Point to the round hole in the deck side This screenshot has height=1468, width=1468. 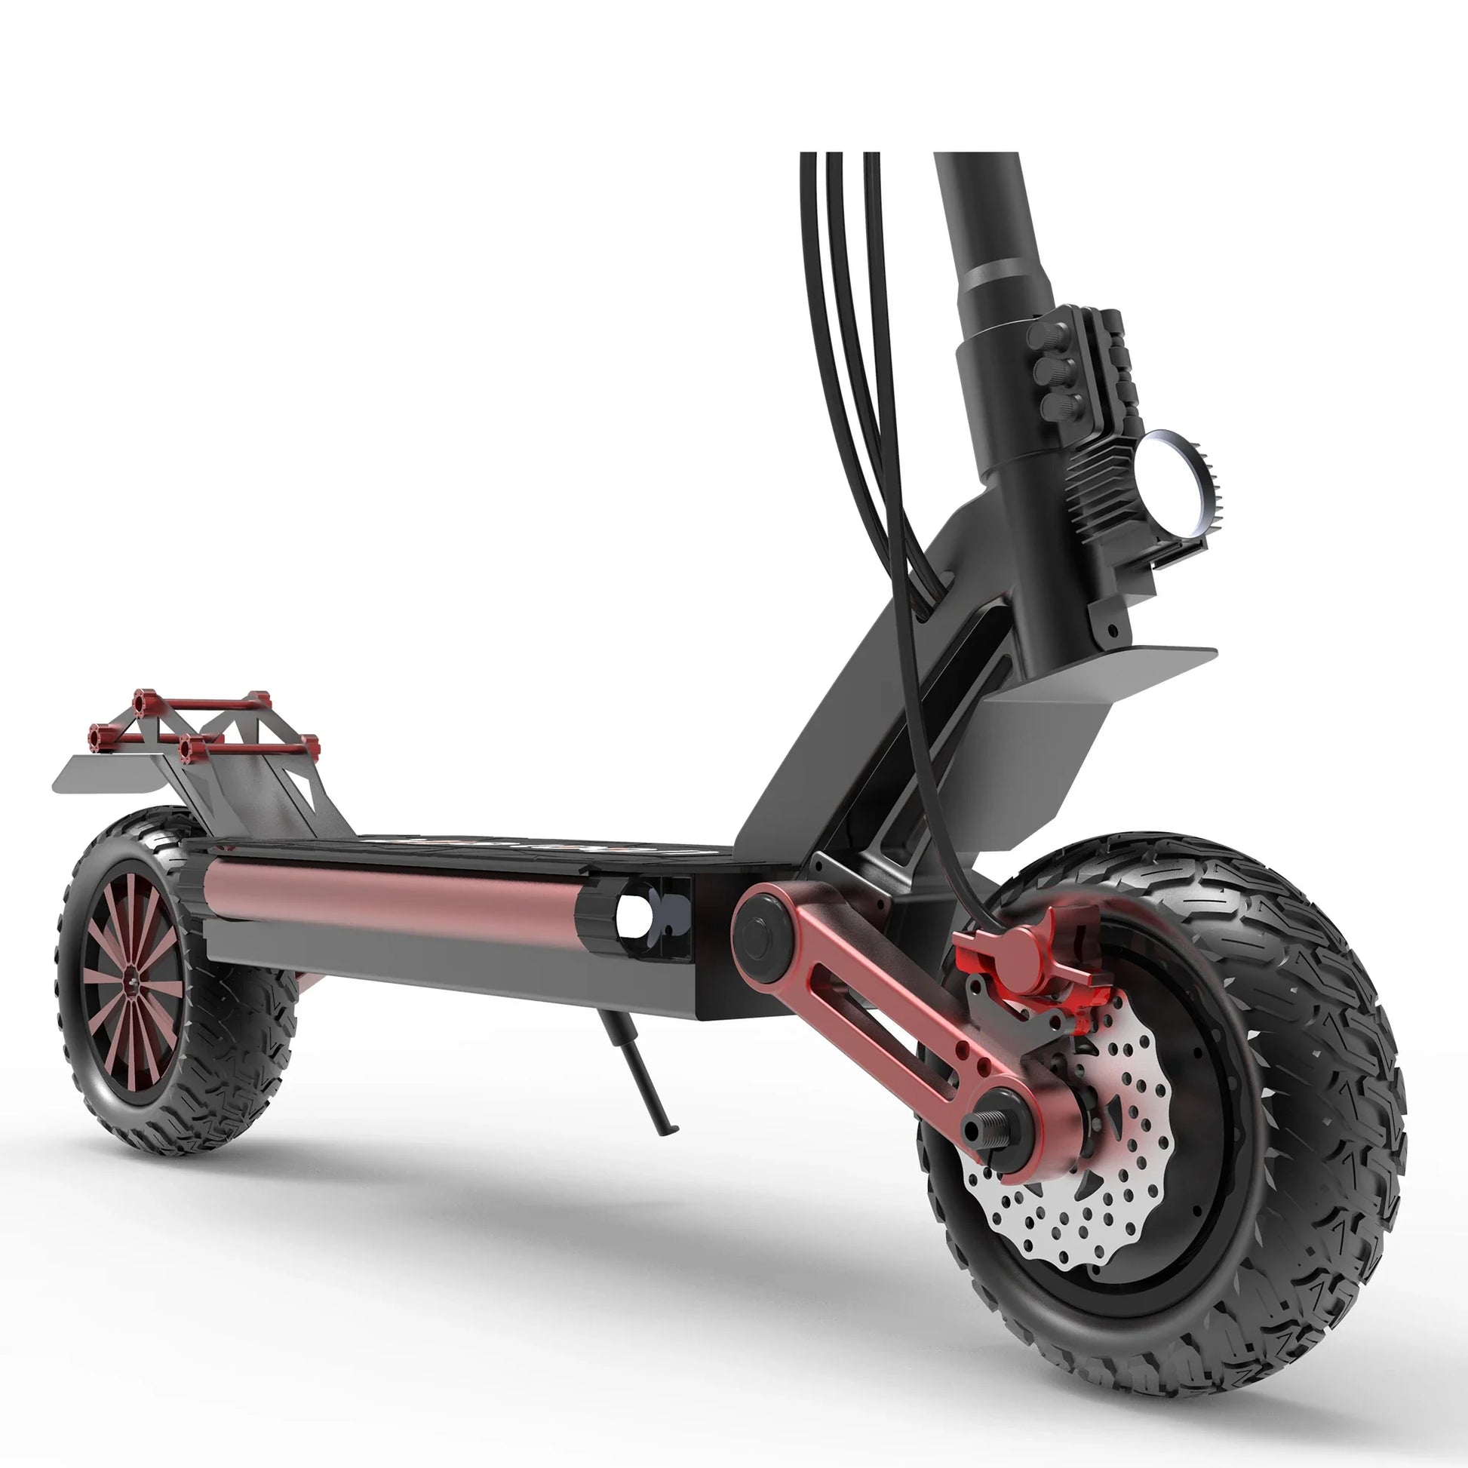[x=634, y=916]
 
